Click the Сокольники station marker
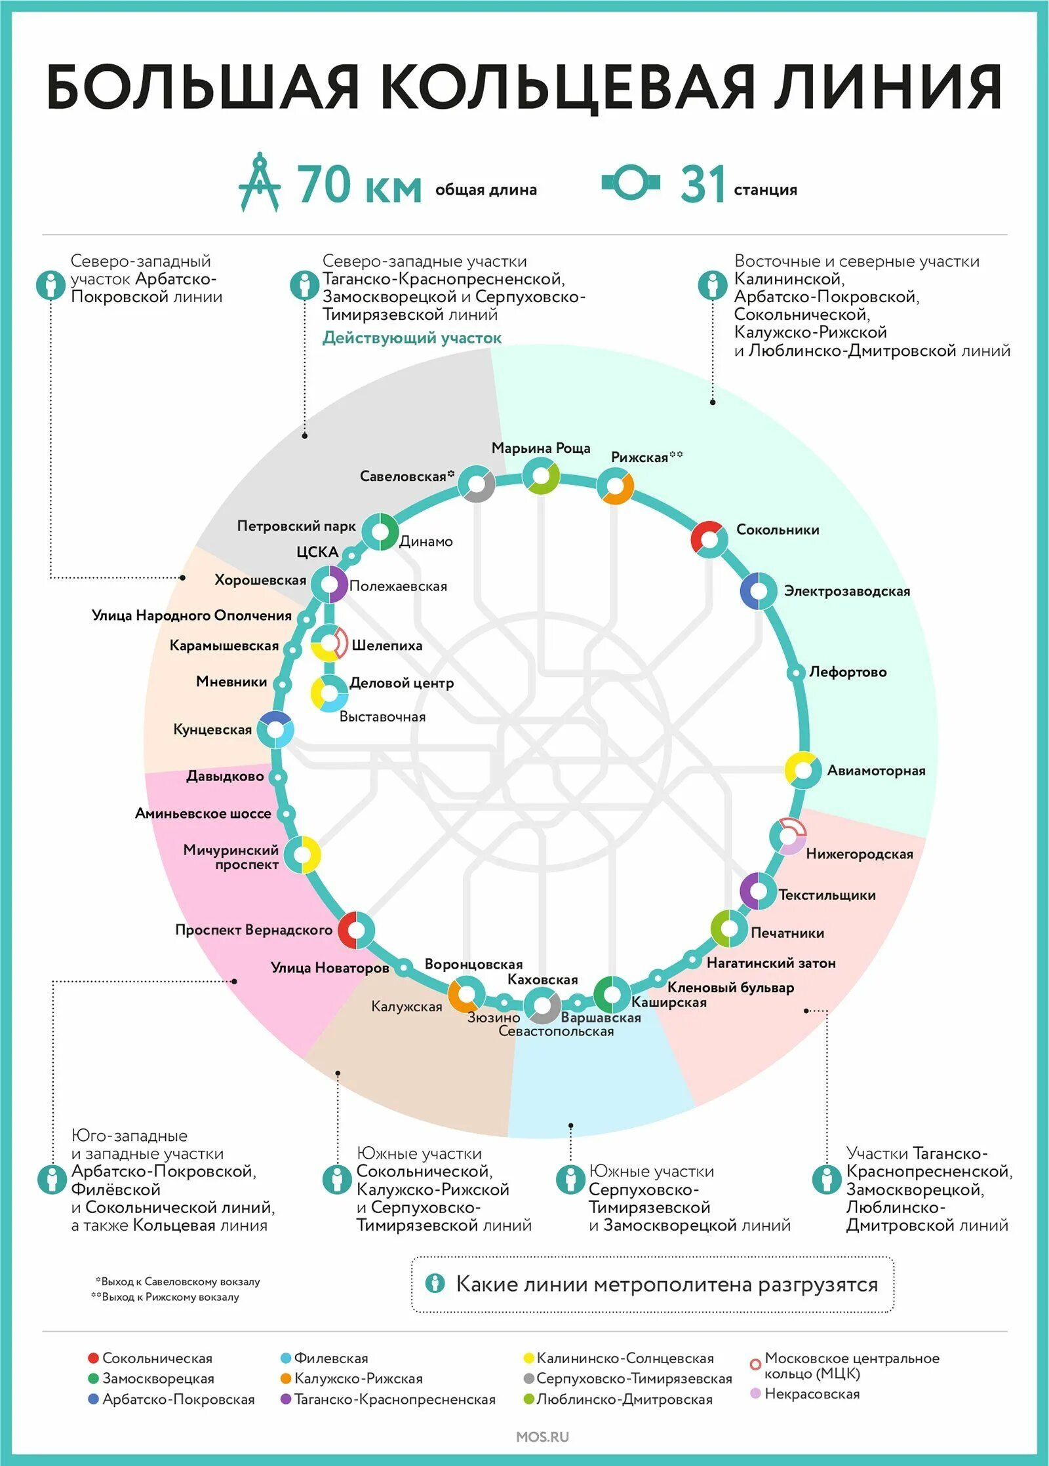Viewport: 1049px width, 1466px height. (x=709, y=539)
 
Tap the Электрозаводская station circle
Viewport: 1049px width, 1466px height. (x=759, y=590)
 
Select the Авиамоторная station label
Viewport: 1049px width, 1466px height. (x=876, y=771)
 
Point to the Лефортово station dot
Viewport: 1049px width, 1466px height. (x=796, y=672)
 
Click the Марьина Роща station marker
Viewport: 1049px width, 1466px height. (x=541, y=475)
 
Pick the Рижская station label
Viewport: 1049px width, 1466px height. (x=639, y=457)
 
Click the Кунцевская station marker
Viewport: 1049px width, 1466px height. (x=275, y=729)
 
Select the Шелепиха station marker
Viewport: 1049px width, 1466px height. (x=328, y=644)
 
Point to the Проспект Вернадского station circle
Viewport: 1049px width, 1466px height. (x=356, y=930)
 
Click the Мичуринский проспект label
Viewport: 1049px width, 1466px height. (x=231, y=857)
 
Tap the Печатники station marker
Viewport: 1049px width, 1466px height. (x=729, y=929)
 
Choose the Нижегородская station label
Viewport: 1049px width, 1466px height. (x=859, y=854)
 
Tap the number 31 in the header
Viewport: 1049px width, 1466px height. (x=702, y=184)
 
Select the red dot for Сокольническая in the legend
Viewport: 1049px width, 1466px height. (x=93, y=1359)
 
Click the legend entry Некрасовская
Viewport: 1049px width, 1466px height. (x=812, y=1394)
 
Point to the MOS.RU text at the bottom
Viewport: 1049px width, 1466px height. (x=542, y=1437)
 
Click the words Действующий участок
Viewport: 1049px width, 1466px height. (x=412, y=338)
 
